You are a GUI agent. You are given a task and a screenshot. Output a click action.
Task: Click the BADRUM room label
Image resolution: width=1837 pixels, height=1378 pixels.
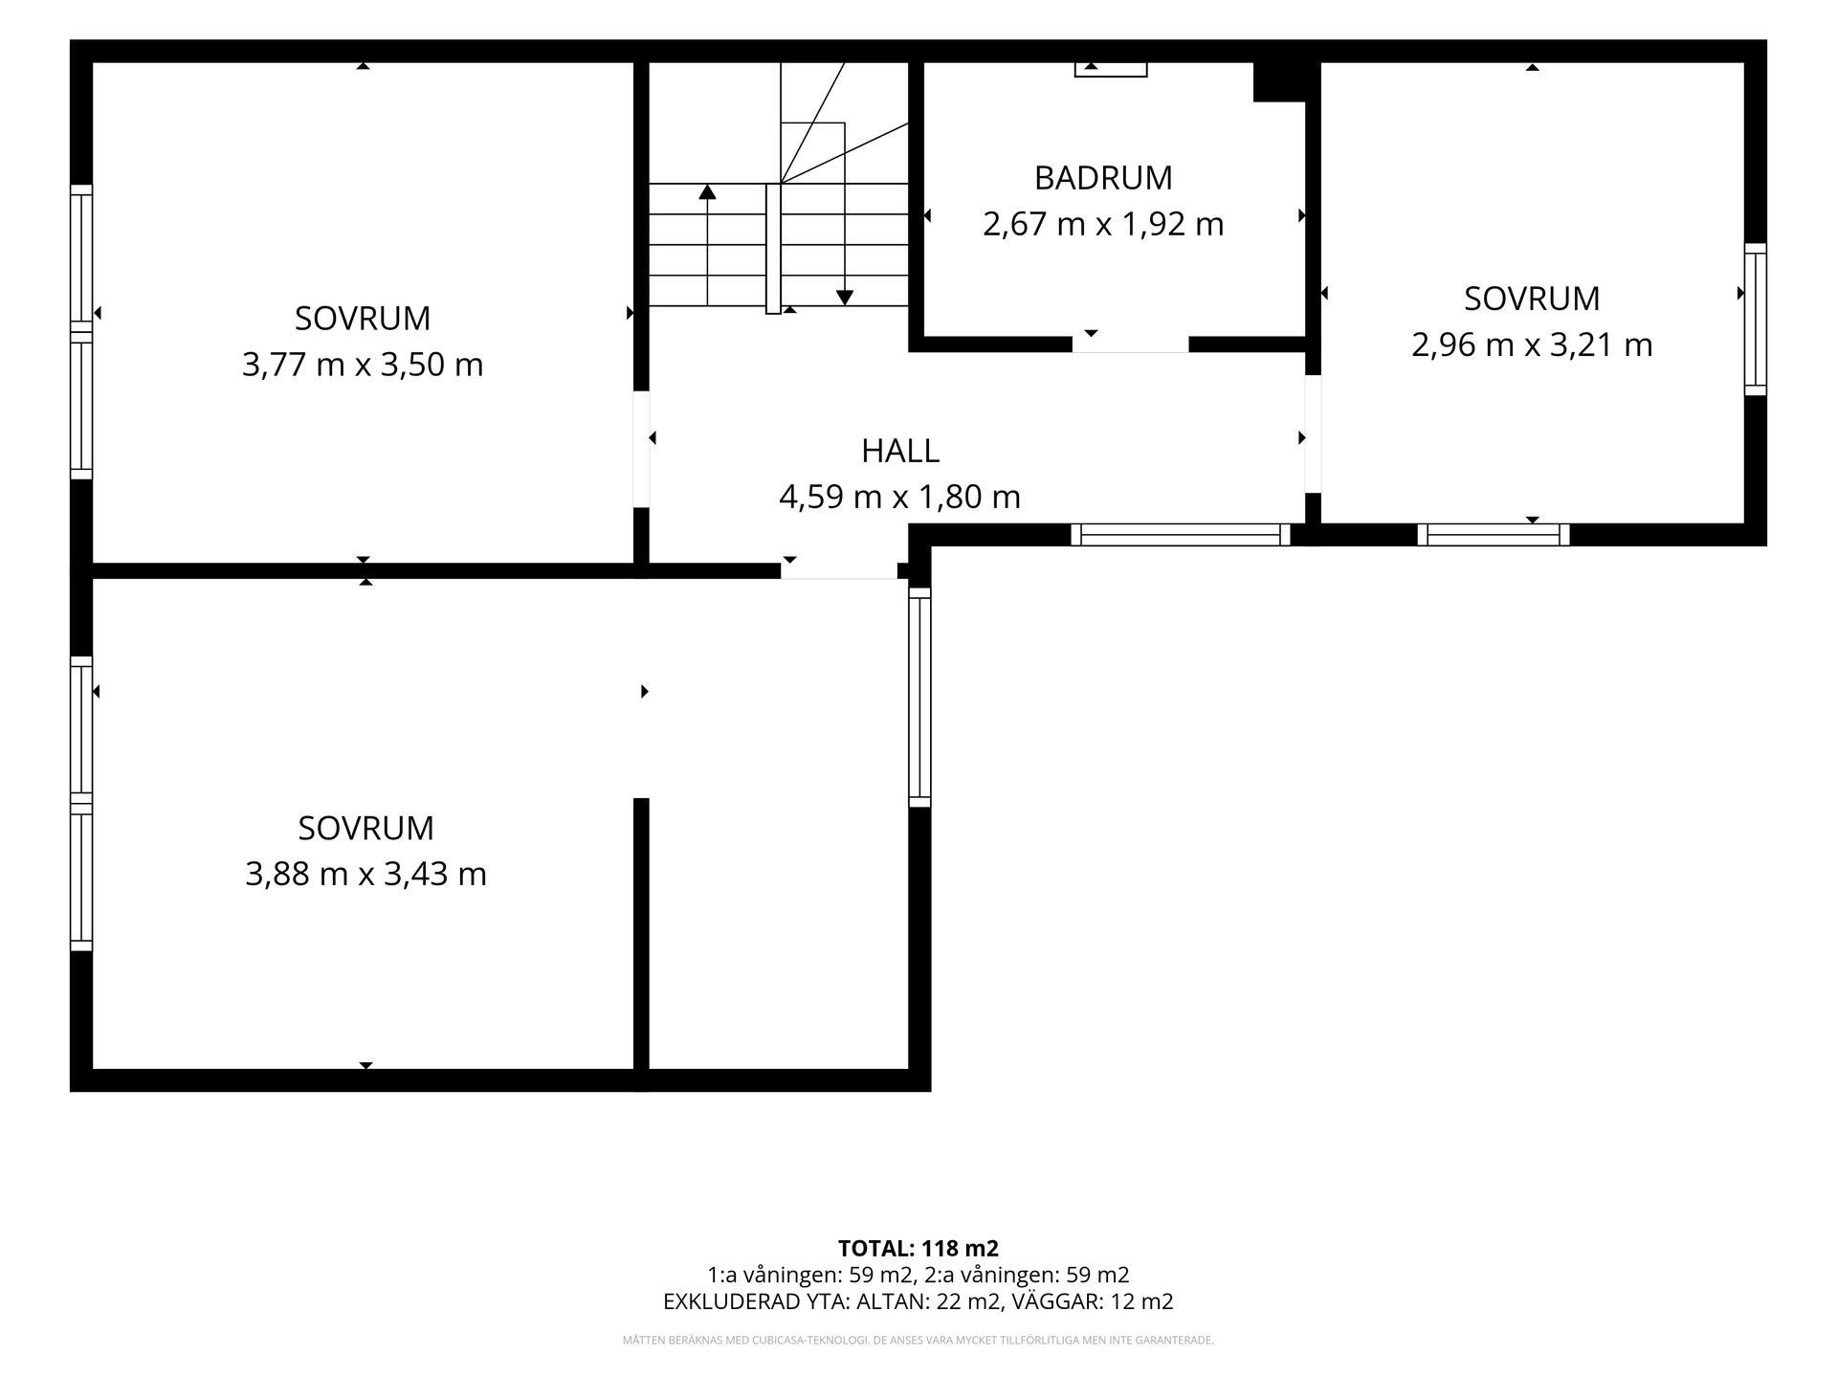[x=1103, y=178]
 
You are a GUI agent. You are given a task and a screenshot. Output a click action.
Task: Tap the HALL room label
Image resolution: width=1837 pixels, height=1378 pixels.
[x=900, y=451]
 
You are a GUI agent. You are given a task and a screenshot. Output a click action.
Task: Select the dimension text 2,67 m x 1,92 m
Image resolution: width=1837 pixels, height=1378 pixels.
[x=1103, y=224]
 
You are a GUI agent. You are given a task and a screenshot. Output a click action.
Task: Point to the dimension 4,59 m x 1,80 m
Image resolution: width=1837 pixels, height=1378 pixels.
[x=899, y=497]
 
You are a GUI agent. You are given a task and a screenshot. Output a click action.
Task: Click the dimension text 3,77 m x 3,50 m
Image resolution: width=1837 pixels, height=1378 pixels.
[x=363, y=365]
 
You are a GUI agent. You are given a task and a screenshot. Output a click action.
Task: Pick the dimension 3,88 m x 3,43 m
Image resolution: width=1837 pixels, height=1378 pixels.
[x=365, y=874]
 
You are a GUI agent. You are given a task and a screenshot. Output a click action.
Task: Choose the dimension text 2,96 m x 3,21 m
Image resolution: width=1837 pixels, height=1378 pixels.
[x=1532, y=344]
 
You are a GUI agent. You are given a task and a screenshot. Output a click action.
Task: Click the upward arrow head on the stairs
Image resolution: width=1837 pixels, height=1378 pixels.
[x=707, y=191]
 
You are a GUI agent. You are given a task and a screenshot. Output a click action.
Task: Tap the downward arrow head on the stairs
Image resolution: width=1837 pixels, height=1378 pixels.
[x=844, y=298]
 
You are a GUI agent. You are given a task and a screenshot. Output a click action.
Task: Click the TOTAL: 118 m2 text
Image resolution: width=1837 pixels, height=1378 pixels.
[x=918, y=1248]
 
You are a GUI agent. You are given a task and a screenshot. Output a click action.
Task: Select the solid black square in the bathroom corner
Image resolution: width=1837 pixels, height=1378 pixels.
[x=1279, y=81]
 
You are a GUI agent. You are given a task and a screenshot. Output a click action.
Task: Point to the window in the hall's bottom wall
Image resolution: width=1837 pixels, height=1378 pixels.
[x=1181, y=535]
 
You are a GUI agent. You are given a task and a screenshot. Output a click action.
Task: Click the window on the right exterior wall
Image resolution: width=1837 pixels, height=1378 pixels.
[x=1755, y=319]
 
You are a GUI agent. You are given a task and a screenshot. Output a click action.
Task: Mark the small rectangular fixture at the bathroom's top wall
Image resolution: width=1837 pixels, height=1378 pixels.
[x=1111, y=69]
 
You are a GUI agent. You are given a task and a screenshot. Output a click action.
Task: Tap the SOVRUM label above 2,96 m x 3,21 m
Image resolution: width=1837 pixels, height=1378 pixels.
[x=1532, y=299]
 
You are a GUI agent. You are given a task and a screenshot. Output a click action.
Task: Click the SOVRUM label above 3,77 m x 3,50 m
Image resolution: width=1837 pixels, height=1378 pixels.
[x=363, y=319]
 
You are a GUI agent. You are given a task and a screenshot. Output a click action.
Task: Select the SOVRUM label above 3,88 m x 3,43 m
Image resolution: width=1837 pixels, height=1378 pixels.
[x=365, y=828]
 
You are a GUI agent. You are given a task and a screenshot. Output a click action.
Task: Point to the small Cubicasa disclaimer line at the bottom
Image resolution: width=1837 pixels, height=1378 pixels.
[x=918, y=1341]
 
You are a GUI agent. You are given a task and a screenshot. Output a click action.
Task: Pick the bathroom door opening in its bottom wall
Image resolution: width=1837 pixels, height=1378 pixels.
[x=1130, y=344]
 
